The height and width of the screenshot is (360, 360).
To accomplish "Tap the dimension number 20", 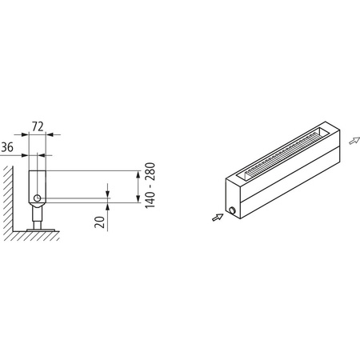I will (100, 221).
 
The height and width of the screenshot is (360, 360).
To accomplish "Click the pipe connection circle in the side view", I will (36, 198).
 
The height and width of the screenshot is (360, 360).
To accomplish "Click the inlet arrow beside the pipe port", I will (218, 215).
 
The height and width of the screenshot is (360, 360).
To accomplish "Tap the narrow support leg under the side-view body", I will (37, 214).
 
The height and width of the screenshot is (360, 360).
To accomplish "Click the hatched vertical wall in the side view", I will (7, 196).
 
